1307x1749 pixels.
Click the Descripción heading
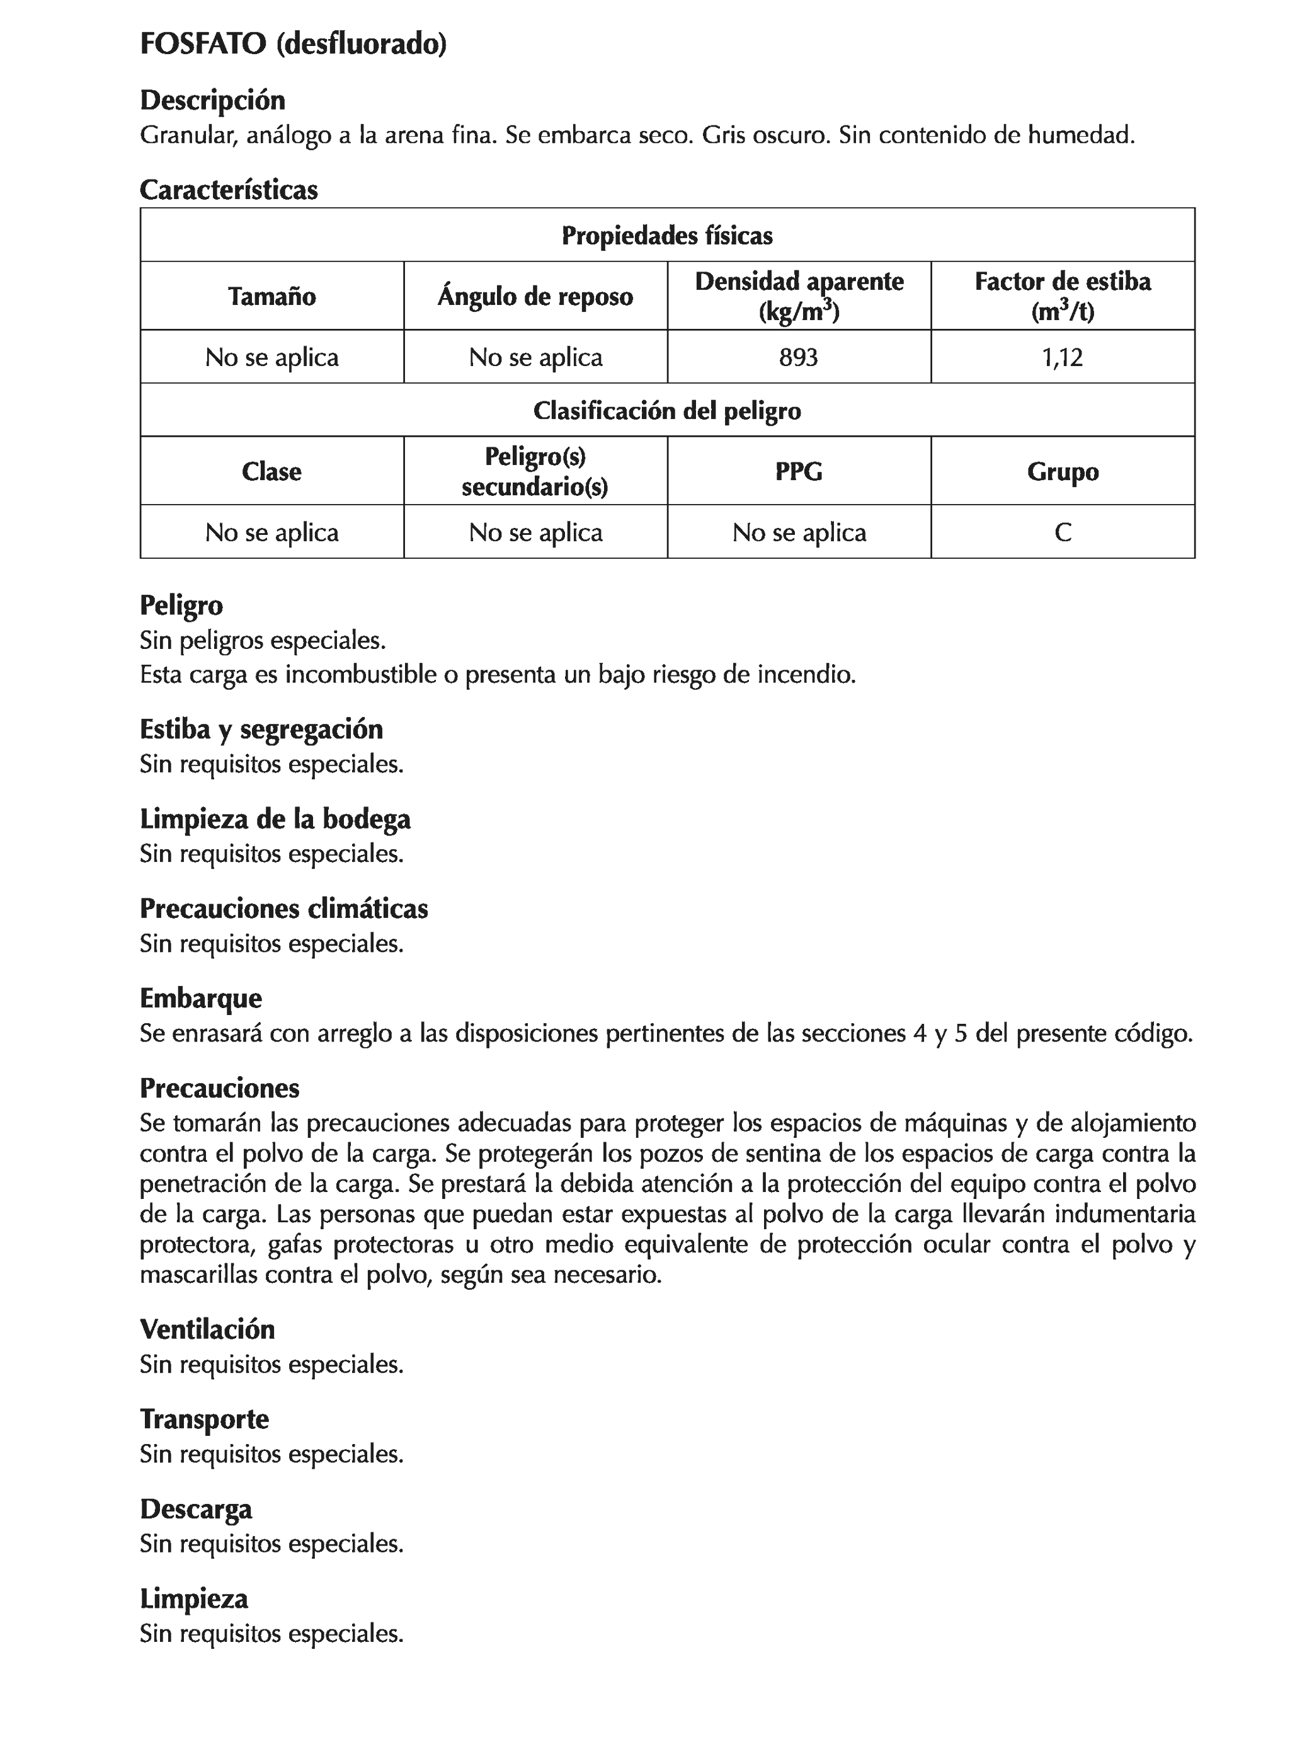pyautogui.click(x=212, y=100)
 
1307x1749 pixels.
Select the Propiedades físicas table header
pyautogui.click(x=666, y=236)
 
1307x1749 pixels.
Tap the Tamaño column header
pyautogui.click(x=272, y=297)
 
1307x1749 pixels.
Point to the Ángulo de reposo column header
pyautogui.click(x=535, y=297)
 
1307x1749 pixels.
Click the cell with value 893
pyautogui.click(x=799, y=357)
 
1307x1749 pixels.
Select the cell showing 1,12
pyautogui.click(x=1062, y=357)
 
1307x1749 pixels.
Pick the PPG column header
pyautogui.click(x=799, y=472)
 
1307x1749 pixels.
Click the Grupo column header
pyautogui.click(x=1062, y=472)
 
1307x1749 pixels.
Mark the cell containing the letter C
pyautogui.click(x=1062, y=532)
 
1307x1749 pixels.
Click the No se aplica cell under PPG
pyautogui.click(x=799, y=532)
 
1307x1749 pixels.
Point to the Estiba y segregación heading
pyautogui.click(x=261, y=729)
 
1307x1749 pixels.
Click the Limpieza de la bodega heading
pyautogui.click(x=275, y=819)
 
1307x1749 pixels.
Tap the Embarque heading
pyautogui.click(x=201, y=999)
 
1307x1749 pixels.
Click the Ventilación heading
pyautogui.click(x=207, y=1329)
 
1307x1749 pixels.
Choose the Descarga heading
pyautogui.click(x=196, y=1508)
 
